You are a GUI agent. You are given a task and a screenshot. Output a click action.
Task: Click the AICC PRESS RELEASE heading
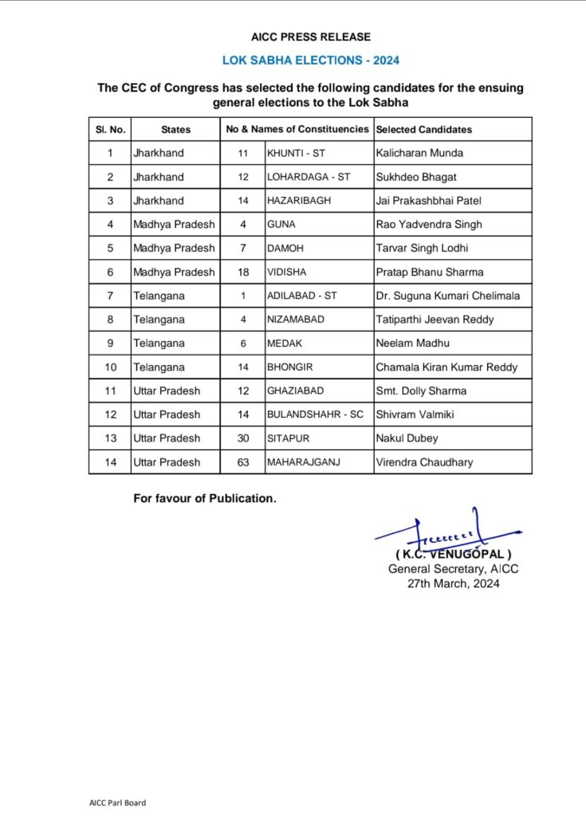[x=310, y=37]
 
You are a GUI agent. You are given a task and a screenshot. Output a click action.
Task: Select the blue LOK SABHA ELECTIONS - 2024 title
[x=310, y=61]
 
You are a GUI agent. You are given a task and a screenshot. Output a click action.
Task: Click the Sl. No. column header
[x=110, y=129]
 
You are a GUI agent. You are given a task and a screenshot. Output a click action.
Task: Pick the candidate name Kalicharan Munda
[x=419, y=153]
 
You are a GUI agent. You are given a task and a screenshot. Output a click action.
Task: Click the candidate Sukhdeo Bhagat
[x=415, y=177]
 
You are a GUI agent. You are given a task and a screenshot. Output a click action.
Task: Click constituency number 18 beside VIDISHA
[x=243, y=272]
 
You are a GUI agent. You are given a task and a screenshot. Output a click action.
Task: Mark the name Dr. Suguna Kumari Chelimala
[x=447, y=296]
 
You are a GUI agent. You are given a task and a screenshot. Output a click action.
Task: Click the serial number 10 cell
[x=110, y=367]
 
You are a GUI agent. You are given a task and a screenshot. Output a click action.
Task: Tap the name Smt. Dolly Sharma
[x=421, y=390]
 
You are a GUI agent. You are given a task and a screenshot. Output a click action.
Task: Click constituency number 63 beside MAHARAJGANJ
[x=243, y=462]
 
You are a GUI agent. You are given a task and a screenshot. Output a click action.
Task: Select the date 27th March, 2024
[x=453, y=584]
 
